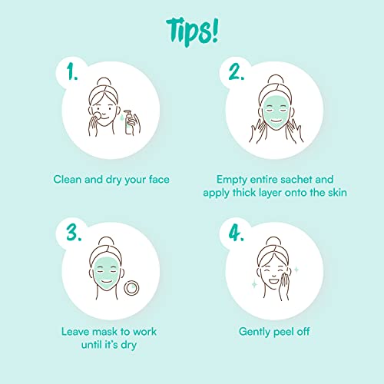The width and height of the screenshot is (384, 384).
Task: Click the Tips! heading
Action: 192,32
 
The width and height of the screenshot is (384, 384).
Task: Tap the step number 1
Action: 72,71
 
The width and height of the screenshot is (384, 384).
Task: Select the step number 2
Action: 236,72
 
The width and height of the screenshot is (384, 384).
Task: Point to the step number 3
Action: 74,233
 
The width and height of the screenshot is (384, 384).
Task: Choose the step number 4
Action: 236,233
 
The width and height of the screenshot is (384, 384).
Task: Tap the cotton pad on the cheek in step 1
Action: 97,116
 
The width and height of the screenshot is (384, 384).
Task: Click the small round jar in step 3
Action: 131,288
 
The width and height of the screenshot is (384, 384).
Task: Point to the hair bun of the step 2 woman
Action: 276,79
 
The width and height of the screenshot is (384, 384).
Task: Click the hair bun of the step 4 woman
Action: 273,241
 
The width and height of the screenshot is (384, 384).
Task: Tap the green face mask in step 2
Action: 276,111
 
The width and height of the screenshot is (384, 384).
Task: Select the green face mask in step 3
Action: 107,273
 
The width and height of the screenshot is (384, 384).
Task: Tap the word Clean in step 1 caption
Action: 68,179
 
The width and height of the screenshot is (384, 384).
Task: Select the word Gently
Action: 255,332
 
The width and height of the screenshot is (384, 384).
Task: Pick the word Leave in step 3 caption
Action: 76,332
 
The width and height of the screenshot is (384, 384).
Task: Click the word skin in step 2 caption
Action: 337,192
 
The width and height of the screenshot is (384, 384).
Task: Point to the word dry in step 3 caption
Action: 129,346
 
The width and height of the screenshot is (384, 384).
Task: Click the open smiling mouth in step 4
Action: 273,281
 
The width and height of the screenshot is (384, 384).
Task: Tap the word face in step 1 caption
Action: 159,179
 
